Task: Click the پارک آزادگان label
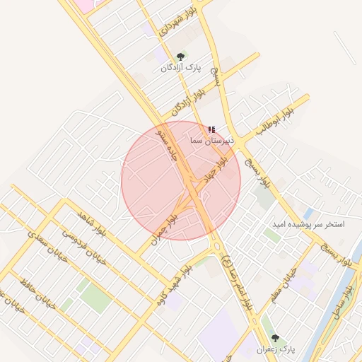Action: [x=180, y=68]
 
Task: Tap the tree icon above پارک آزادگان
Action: [x=180, y=56]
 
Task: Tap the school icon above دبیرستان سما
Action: [x=211, y=130]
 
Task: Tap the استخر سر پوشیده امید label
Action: [x=308, y=224]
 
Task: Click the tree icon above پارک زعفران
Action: [x=275, y=339]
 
